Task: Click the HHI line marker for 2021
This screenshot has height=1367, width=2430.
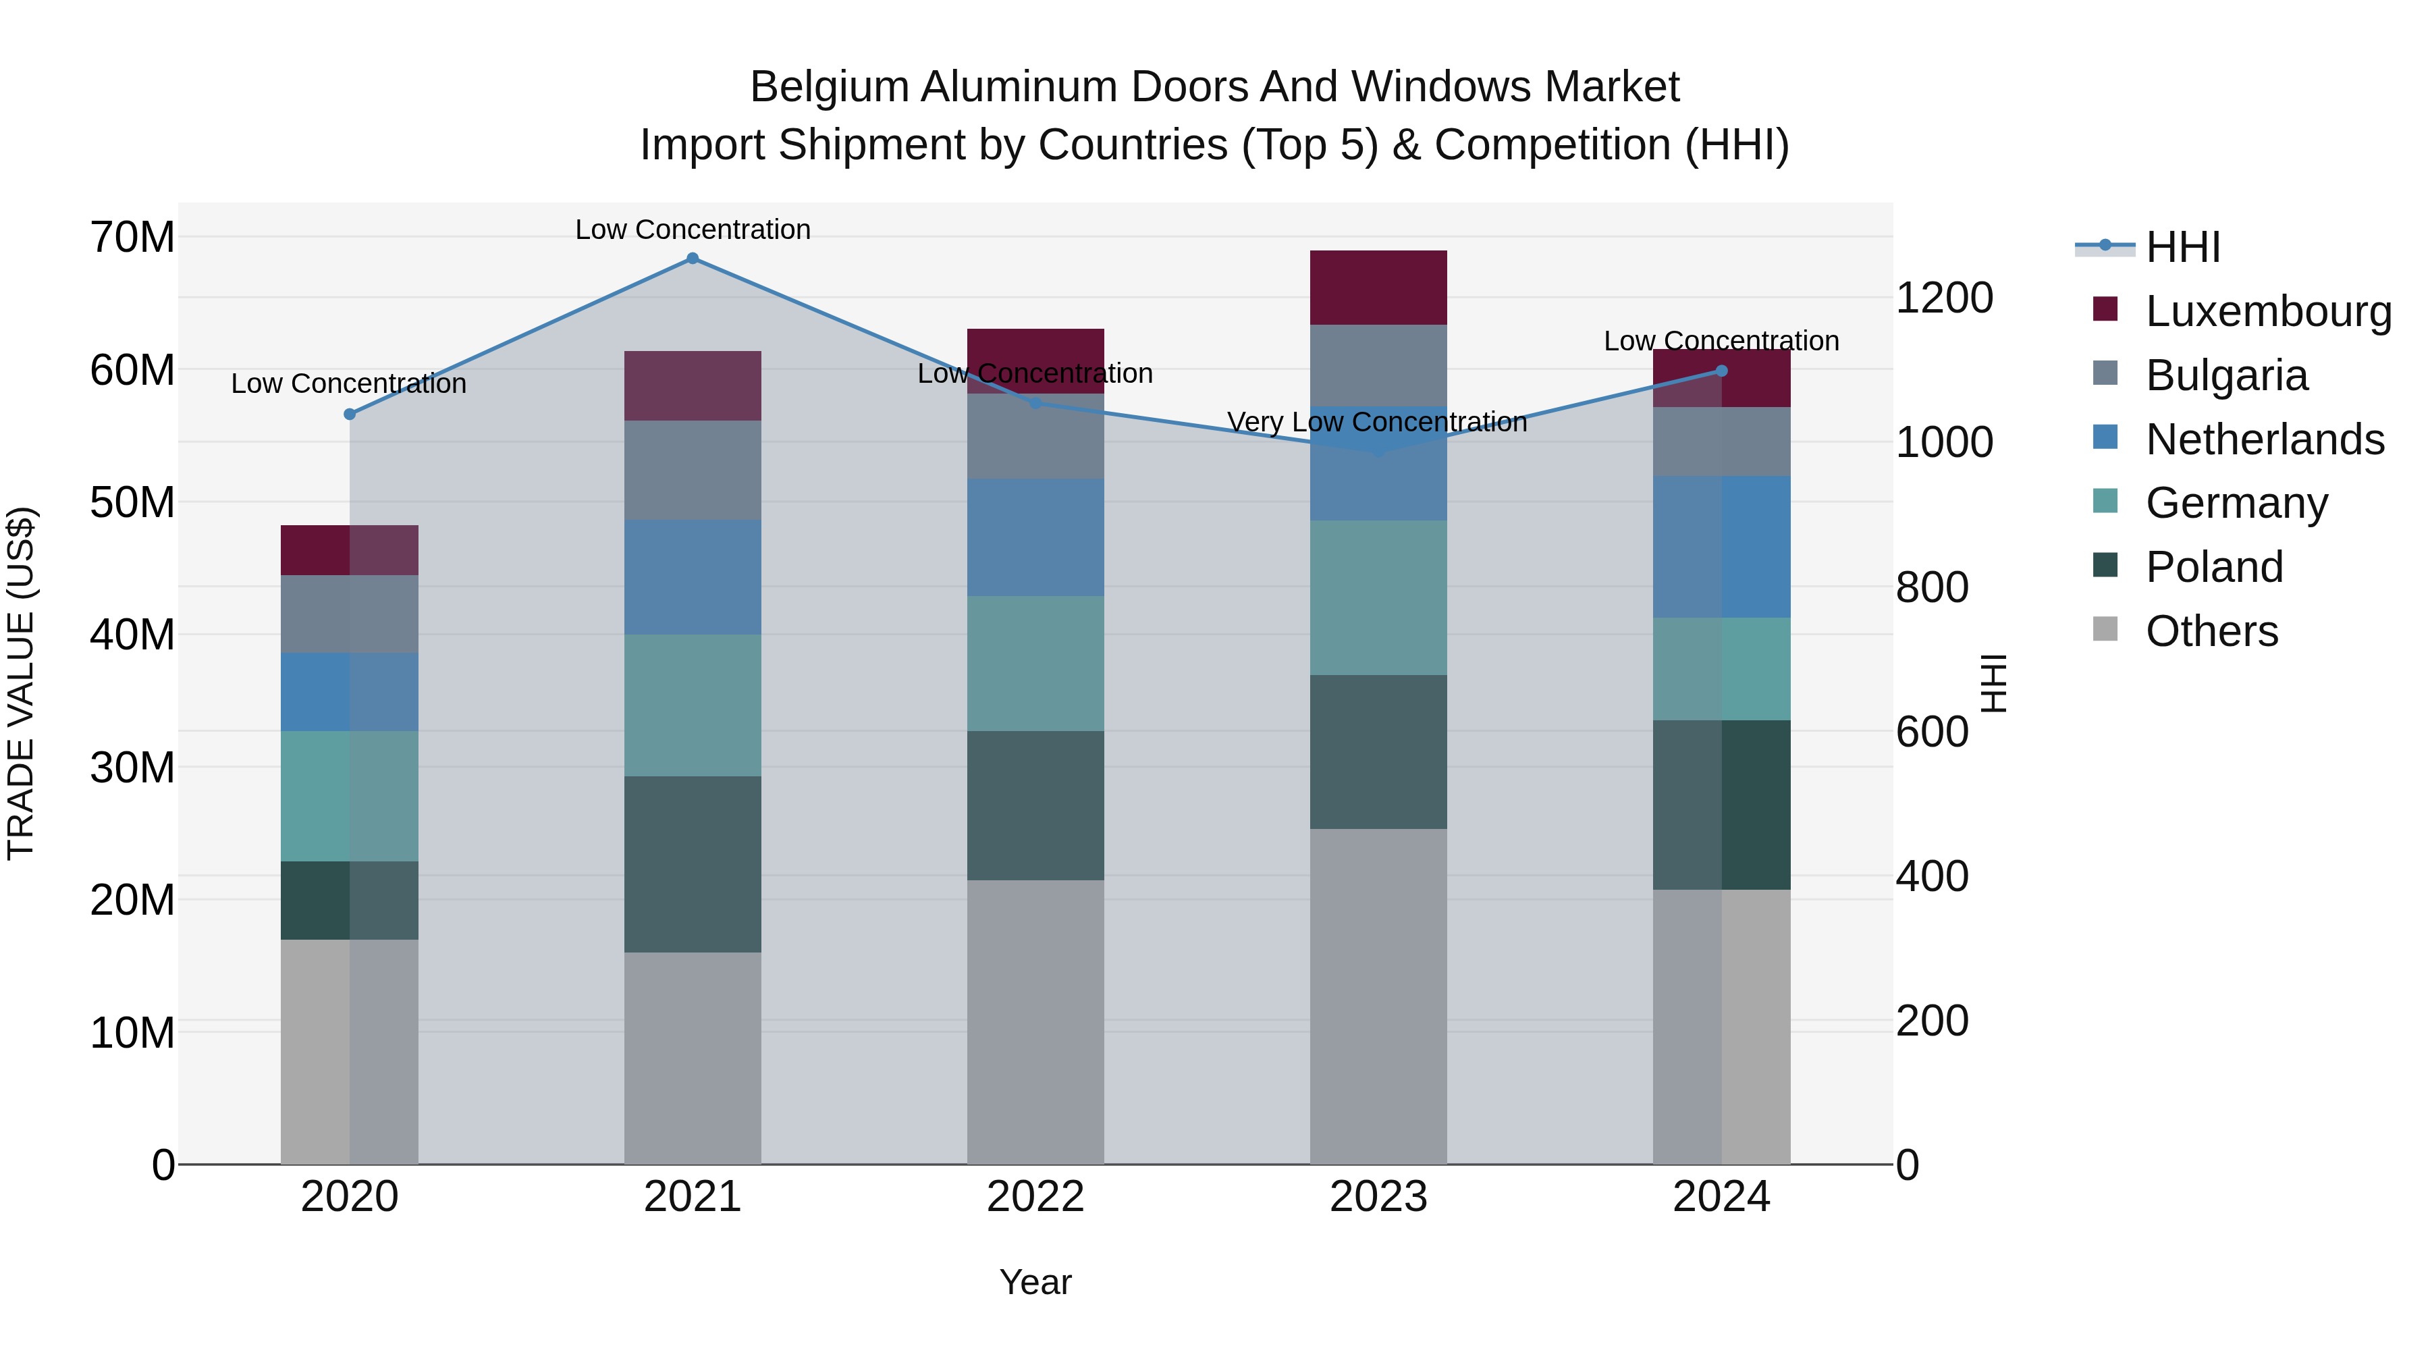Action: (x=693, y=259)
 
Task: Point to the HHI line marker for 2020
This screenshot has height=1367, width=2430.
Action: (x=350, y=414)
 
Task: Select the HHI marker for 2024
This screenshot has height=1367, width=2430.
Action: (x=1721, y=371)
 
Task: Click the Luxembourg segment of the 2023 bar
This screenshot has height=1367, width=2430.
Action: (x=1378, y=288)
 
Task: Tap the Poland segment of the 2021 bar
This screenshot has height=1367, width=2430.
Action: (x=693, y=864)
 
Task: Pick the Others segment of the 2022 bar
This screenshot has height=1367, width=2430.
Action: (x=1035, y=1022)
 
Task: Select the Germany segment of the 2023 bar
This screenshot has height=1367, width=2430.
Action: (x=1378, y=597)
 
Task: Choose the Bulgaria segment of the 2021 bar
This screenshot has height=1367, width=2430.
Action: (x=693, y=470)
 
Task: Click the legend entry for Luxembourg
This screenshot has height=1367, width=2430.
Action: (x=2268, y=311)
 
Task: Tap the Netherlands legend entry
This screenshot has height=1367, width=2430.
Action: (x=2264, y=439)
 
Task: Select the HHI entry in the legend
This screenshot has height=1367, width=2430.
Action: (x=2182, y=247)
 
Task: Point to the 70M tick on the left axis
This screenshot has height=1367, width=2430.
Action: (x=132, y=238)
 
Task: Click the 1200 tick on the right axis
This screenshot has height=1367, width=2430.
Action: (x=1944, y=298)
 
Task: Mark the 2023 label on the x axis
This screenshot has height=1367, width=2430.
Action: (x=1378, y=1197)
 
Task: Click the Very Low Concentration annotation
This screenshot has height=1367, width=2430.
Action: (x=1376, y=422)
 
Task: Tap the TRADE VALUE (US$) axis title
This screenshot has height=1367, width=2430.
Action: (x=21, y=683)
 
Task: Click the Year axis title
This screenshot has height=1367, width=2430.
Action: (x=1035, y=1282)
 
